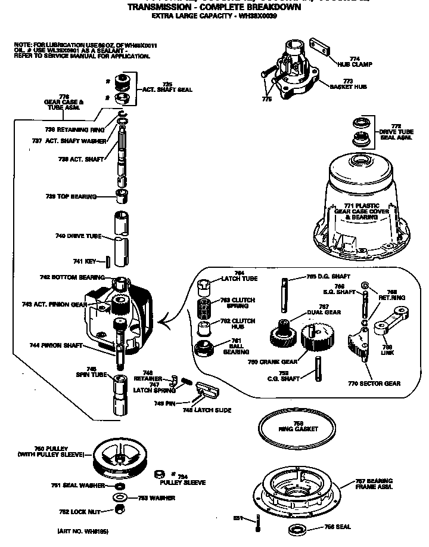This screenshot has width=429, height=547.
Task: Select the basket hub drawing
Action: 292,70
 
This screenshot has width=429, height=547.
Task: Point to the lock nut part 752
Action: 120,509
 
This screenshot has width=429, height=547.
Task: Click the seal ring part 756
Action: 296,529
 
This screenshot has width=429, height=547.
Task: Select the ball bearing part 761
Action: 204,350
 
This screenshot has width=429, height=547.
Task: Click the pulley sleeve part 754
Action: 159,474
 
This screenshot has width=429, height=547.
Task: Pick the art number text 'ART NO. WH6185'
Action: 83,531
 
